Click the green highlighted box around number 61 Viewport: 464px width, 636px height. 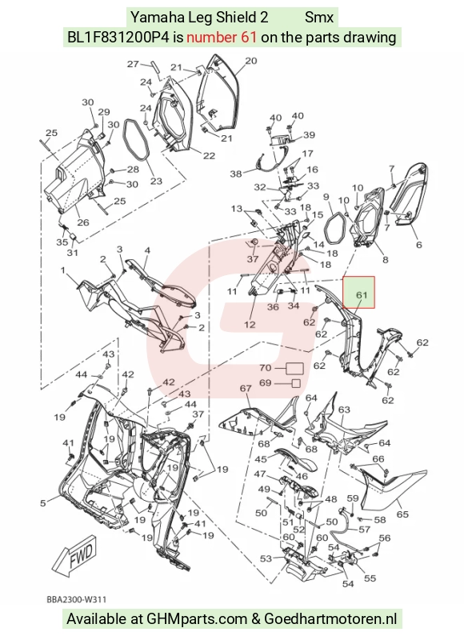pos(358,293)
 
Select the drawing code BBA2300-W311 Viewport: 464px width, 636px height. pos(76,599)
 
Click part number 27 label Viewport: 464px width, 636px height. pos(133,64)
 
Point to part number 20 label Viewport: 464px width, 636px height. pos(251,61)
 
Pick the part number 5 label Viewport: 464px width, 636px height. pos(43,503)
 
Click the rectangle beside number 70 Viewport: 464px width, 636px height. pos(295,368)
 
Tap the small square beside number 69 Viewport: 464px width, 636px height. pos(297,383)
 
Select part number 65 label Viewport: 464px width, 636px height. pos(402,514)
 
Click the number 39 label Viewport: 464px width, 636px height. pos(309,135)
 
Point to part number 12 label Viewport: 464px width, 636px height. pos(250,325)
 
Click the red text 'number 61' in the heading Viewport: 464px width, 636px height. pos(222,38)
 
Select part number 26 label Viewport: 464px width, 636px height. pos(83,222)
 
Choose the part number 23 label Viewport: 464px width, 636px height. pos(156,182)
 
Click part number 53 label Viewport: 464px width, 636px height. pos(266,559)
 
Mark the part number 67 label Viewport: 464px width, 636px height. pos(246,388)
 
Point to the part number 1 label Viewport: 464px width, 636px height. pos(63,270)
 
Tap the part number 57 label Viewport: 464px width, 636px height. pos(365,530)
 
